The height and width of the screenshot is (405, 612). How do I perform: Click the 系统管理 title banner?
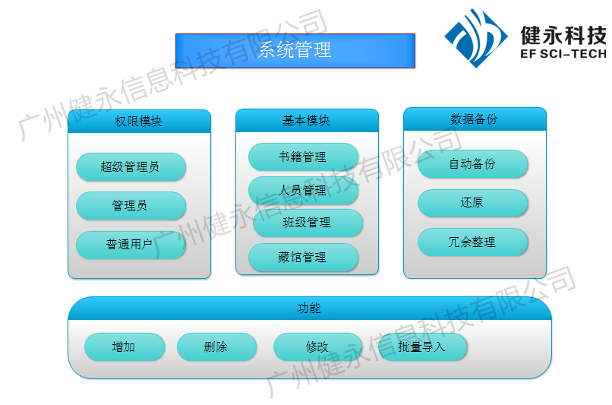tap(295, 51)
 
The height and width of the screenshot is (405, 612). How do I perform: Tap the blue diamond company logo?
tap(476, 36)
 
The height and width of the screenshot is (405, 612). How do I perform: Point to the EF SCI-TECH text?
tap(563, 54)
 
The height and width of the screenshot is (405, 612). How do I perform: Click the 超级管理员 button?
tap(131, 166)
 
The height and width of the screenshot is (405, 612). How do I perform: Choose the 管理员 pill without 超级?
tap(131, 205)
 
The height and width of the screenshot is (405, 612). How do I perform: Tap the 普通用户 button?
tap(131, 245)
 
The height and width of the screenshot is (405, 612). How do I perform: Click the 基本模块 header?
tap(307, 121)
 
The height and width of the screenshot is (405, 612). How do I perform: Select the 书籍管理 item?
tap(303, 157)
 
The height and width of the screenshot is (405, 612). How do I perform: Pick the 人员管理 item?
tap(303, 190)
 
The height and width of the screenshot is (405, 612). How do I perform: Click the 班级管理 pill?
tap(308, 223)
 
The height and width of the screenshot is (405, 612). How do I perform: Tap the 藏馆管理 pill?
tap(303, 257)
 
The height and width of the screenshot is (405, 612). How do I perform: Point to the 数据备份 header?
tap(475, 119)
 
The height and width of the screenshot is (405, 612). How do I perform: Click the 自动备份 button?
tap(472, 163)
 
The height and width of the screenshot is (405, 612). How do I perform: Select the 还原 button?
tap(472, 203)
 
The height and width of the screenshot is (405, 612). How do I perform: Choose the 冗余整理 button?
tap(472, 242)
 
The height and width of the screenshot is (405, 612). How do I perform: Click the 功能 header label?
tap(309, 308)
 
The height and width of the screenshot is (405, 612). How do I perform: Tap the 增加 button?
tap(125, 346)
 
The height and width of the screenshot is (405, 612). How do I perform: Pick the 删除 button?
tap(216, 346)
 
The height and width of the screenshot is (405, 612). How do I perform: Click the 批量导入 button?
tap(422, 346)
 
